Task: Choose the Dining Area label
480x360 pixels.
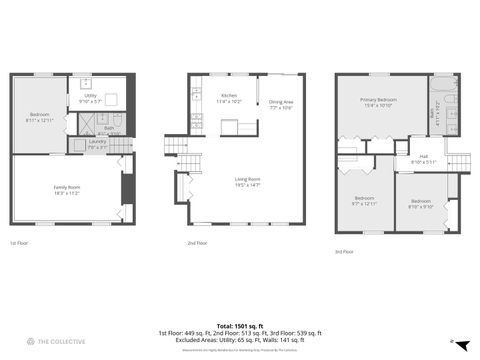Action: click(x=281, y=102)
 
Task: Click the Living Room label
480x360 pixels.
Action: click(x=246, y=180)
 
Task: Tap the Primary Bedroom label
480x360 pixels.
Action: click(x=379, y=100)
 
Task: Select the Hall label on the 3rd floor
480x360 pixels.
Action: click(x=423, y=156)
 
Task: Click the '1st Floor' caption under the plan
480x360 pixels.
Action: click(x=19, y=242)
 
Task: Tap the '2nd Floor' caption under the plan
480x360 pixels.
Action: click(x=197, y=242)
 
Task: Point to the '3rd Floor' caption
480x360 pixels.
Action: click(x=344, y=252)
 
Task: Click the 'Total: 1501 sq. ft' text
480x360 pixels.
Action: click(x=239, y=325)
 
